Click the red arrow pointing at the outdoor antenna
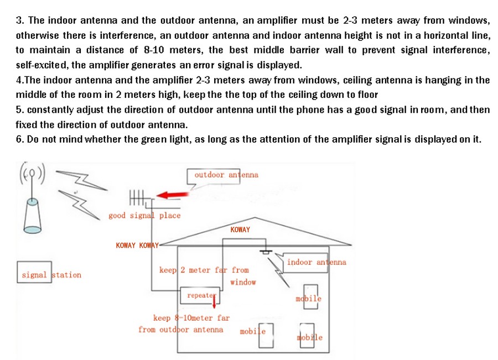click(173, 195)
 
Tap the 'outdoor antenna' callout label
click(226, 175)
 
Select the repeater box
click(200, 295)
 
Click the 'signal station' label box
click(34, 272)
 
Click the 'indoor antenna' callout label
click(317, 262)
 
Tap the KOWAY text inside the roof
click(240, 229)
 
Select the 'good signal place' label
click(144, 216)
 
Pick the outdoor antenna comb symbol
click(137, 197)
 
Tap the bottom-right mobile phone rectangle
click(307, 335)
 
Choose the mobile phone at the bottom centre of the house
click(266, 336)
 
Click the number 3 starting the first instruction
click(20, 20)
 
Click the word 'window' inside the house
click(243, 282)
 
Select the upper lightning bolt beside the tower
click(82, 180)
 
